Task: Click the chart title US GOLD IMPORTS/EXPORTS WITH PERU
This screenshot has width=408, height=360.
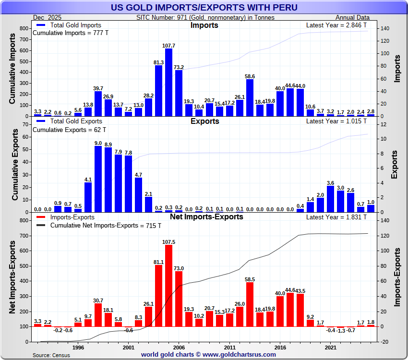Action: pos(204,7)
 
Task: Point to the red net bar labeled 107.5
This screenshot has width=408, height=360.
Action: pos(168,286)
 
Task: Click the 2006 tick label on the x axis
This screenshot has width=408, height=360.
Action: pos(179,347)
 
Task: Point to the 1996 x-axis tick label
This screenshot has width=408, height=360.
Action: pos(78,347)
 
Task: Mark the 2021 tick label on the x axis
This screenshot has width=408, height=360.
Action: pos(330,347)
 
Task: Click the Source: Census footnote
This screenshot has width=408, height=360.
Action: pos(51,355)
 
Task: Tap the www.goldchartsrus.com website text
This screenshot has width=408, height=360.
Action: pos(240,355)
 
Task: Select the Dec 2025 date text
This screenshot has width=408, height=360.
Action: pos(46,18)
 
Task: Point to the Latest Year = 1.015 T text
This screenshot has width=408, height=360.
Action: pos(336,121)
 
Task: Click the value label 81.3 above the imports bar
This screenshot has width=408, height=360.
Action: pos(158,62)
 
